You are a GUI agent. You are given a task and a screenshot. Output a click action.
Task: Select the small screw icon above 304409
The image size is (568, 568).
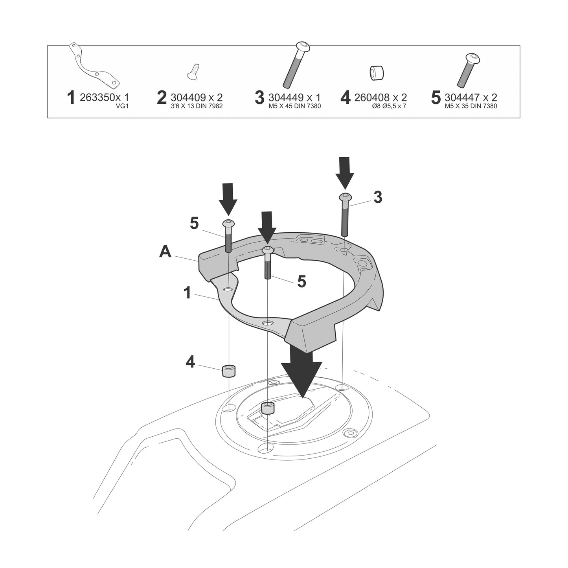tap(193, 71)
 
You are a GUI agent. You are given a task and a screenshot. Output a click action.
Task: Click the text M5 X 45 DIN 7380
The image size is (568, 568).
tap(294, 106)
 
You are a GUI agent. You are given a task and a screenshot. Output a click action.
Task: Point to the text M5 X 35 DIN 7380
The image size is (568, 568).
tap(471, 106)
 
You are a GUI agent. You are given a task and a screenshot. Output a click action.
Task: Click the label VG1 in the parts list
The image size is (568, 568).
tap(123, 106)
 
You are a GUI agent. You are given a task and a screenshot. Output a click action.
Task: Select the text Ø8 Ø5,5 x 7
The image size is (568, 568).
tap(389, 106)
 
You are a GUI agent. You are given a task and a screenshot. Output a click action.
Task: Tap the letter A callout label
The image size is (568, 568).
tap(165, 252)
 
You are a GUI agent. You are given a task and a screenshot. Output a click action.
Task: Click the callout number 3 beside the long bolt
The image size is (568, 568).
tap(378, 197)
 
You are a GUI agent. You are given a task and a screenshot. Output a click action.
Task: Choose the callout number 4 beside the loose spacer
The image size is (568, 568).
tap(190, 362)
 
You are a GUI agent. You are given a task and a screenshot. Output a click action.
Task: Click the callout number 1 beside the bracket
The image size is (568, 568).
tap(187, 293)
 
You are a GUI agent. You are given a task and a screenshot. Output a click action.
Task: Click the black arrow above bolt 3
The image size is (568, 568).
tap(345, 173)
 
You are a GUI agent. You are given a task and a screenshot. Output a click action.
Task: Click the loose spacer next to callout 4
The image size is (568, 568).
tap(228, 371)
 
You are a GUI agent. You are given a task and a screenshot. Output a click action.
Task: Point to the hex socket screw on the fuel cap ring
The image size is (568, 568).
tap(350, 433)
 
